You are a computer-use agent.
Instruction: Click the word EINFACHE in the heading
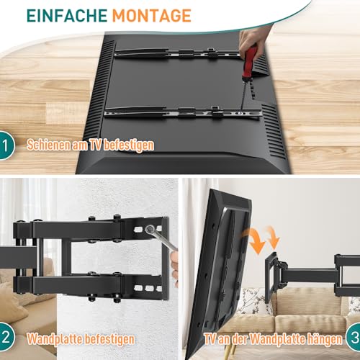pyautogui.click(x=67, y=16)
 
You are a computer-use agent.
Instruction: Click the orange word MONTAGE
pyautogui.click(x=152, y=16)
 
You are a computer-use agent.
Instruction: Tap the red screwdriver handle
pyautogui.click(x=250, y=63)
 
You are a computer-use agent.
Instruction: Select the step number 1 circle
pyautogui.click(x=6, y=145)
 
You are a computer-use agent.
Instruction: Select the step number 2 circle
pyautogui.click(x=6, y=337)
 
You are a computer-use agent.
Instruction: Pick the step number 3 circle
pyautogui.click(x=354, y=338)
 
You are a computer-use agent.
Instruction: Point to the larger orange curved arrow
pyautogui.click(x=254, y=240)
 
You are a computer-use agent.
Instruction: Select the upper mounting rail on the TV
pyautogui.click(x=178, y=53)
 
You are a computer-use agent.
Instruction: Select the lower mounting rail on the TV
pyautogui.click(x=182, y=112)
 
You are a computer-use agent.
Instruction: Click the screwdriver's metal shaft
pyautogui.click(x=243, y=95)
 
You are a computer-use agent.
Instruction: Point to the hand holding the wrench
pyautogui.click(x=174, y=266)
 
